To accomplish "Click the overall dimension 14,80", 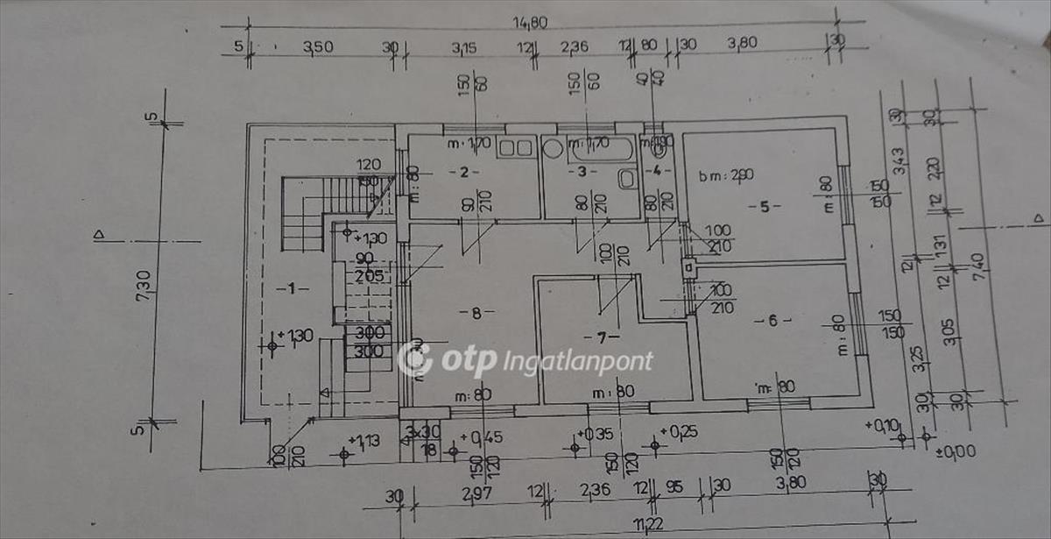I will pos(531,23).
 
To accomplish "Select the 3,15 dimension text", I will pos(464,47).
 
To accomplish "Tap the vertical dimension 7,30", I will pos(144,284).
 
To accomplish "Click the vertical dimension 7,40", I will pos(979,264).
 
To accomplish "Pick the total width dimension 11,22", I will pos(649,525).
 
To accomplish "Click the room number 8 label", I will pos(476,312).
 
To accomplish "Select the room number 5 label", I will pos(764,207).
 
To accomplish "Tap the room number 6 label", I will pos(772,320).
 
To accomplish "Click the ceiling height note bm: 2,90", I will pos(726,174).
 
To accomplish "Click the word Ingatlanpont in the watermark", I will pos(577,361).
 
